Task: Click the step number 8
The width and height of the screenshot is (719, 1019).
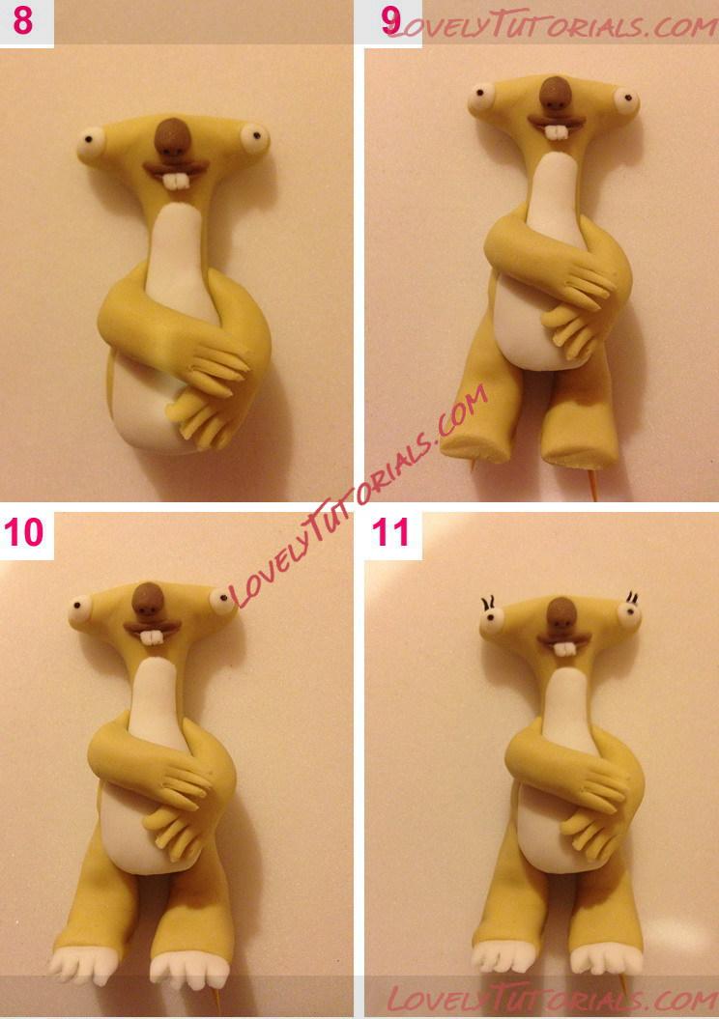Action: pos(23,21)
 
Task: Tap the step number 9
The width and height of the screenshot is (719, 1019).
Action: pos(391,21)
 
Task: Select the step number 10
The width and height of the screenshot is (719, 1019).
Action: pos(24,532)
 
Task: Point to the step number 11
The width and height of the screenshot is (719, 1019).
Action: pos(390,532)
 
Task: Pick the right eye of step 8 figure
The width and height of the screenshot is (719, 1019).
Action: pos(254,137)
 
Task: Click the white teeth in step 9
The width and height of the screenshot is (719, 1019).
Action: pos(557,132)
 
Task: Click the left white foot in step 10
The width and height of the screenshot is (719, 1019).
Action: pos(84,964)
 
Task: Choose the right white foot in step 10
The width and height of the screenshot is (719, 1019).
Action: pos(189,971)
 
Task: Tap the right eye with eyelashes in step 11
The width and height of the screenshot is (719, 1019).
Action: pos(628,610)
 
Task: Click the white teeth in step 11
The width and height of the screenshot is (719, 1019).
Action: pos(564,648)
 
